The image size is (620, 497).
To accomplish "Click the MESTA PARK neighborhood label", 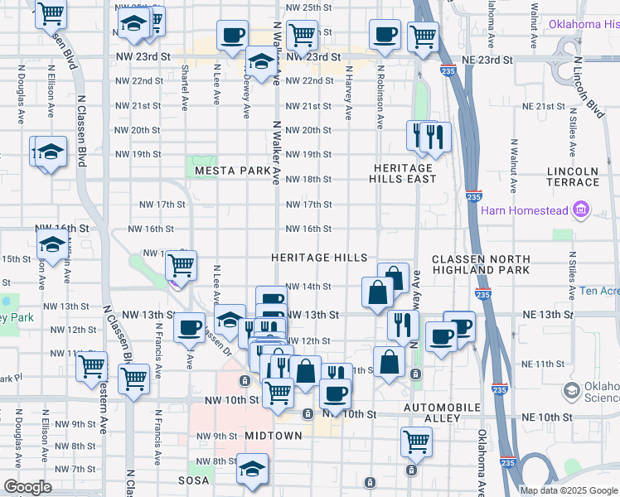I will coord(232,171).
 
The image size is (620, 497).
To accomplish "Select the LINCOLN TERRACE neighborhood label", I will coord(573,176).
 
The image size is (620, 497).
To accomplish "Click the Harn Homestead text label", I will coord(526,210).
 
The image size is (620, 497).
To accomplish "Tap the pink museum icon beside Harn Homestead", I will coord(580,210).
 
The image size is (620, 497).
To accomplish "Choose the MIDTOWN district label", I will coord(273,436).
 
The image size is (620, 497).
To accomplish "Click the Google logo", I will coord(27,488).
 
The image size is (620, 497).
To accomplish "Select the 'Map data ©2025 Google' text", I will coord(568,490).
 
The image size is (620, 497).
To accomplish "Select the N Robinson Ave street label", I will coord(380,98).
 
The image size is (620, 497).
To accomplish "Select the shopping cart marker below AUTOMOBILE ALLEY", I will coord(416,441).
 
